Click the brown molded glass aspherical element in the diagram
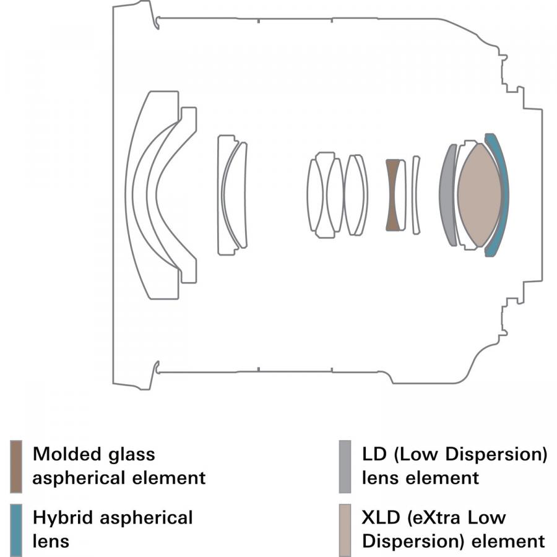point(391,195)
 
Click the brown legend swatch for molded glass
point(17,467)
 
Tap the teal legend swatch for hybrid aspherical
point(17,530)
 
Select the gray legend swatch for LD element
point(345,467)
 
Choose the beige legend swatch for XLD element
point(345,530)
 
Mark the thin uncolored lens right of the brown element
point(416,195)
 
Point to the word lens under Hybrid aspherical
point(51,541)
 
